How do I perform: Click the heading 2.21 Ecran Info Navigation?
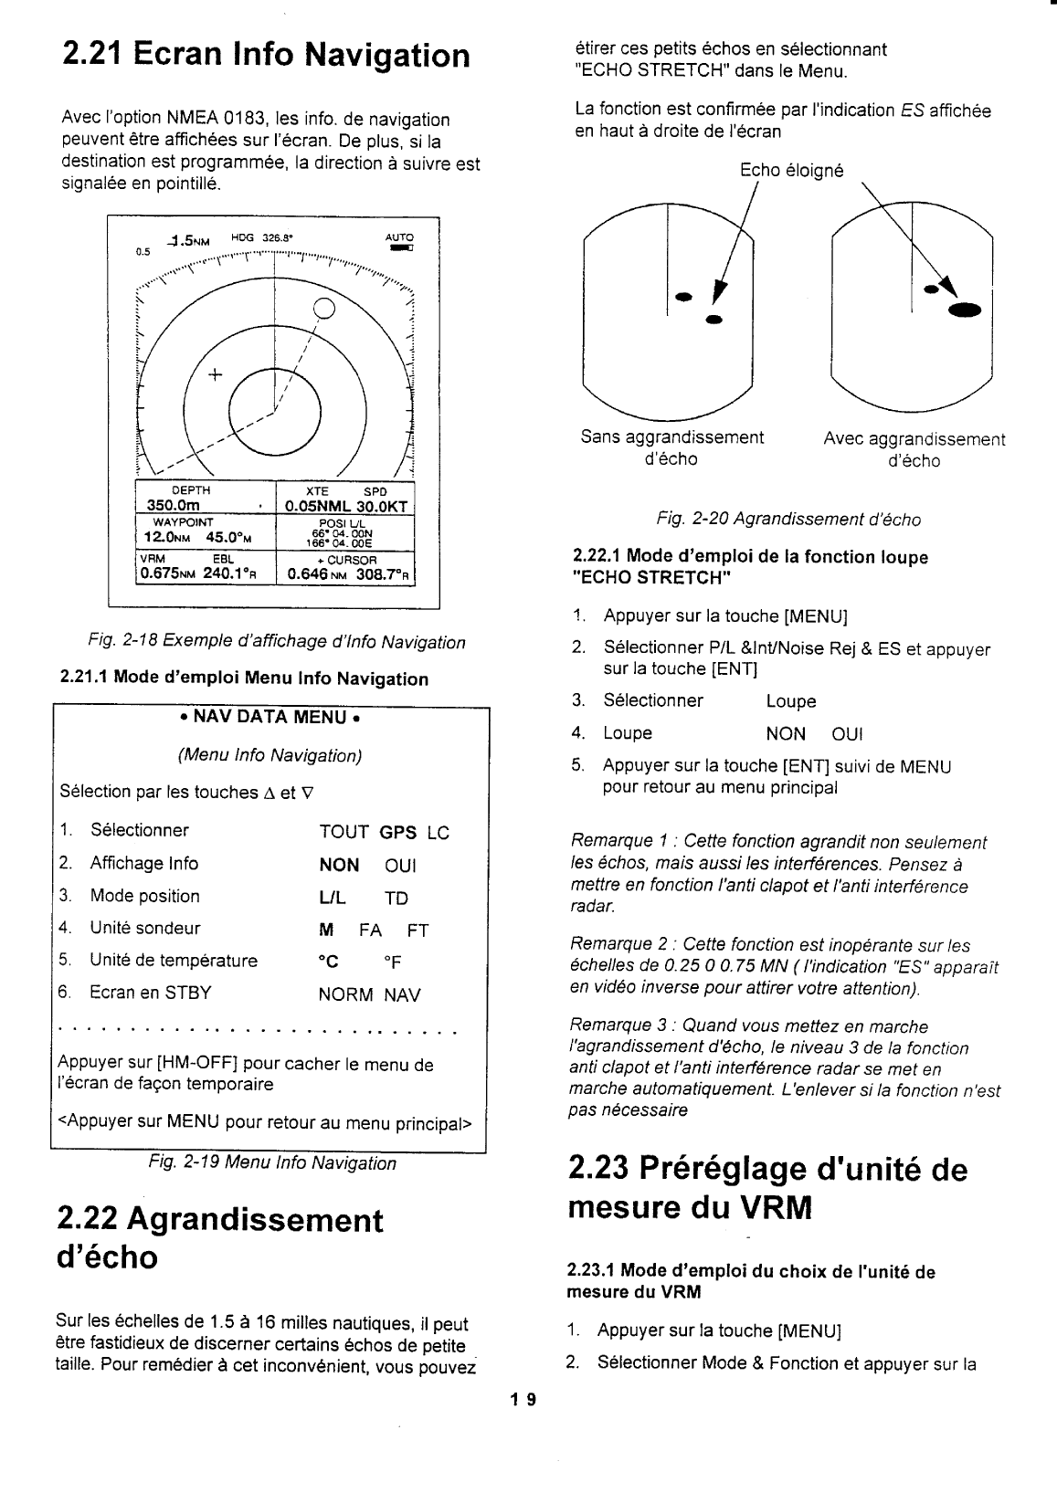tap(265, 56)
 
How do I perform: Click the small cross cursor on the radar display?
tap(216, 374)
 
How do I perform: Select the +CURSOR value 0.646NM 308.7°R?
tap(346, 575)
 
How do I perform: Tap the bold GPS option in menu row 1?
tap(398, 833)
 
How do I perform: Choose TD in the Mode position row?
tap(396, 898)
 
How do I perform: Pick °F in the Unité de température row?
tap(392, 962)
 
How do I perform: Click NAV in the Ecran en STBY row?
tap(402, 994)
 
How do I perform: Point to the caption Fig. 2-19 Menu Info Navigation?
tap(272, 1163)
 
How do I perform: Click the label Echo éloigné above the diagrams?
tap(791, 171)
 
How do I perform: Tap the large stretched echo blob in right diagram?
tap(964, 310)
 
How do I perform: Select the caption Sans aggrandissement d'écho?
tap(671, 448)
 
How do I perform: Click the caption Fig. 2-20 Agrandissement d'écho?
tap(787, 520)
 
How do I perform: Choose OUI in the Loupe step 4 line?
tap(848, 734)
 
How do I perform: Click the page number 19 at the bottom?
tap(527, 1399)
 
